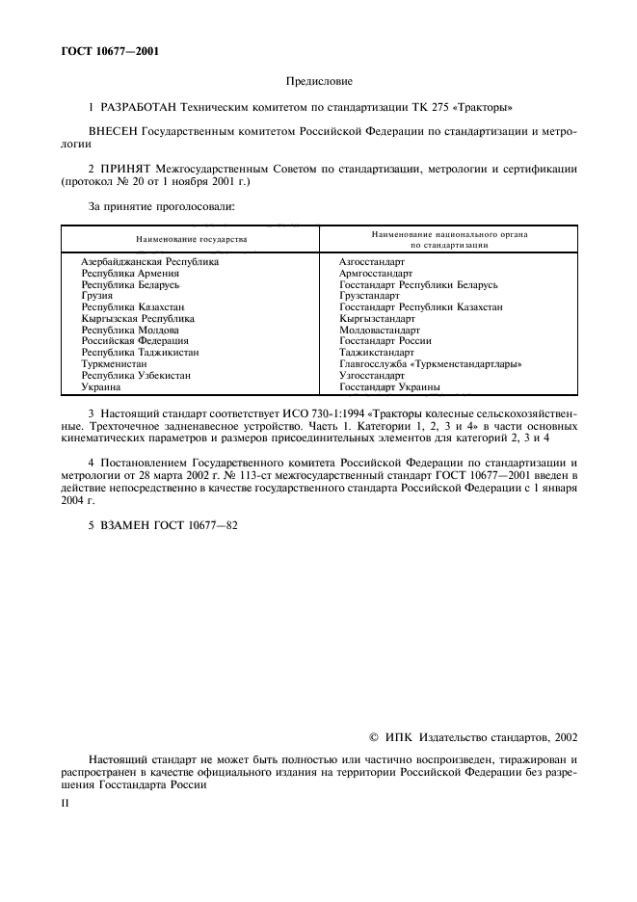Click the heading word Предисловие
(318, 82)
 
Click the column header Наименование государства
(191, 238)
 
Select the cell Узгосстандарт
(373, 376)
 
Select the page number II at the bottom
(65, 800)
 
